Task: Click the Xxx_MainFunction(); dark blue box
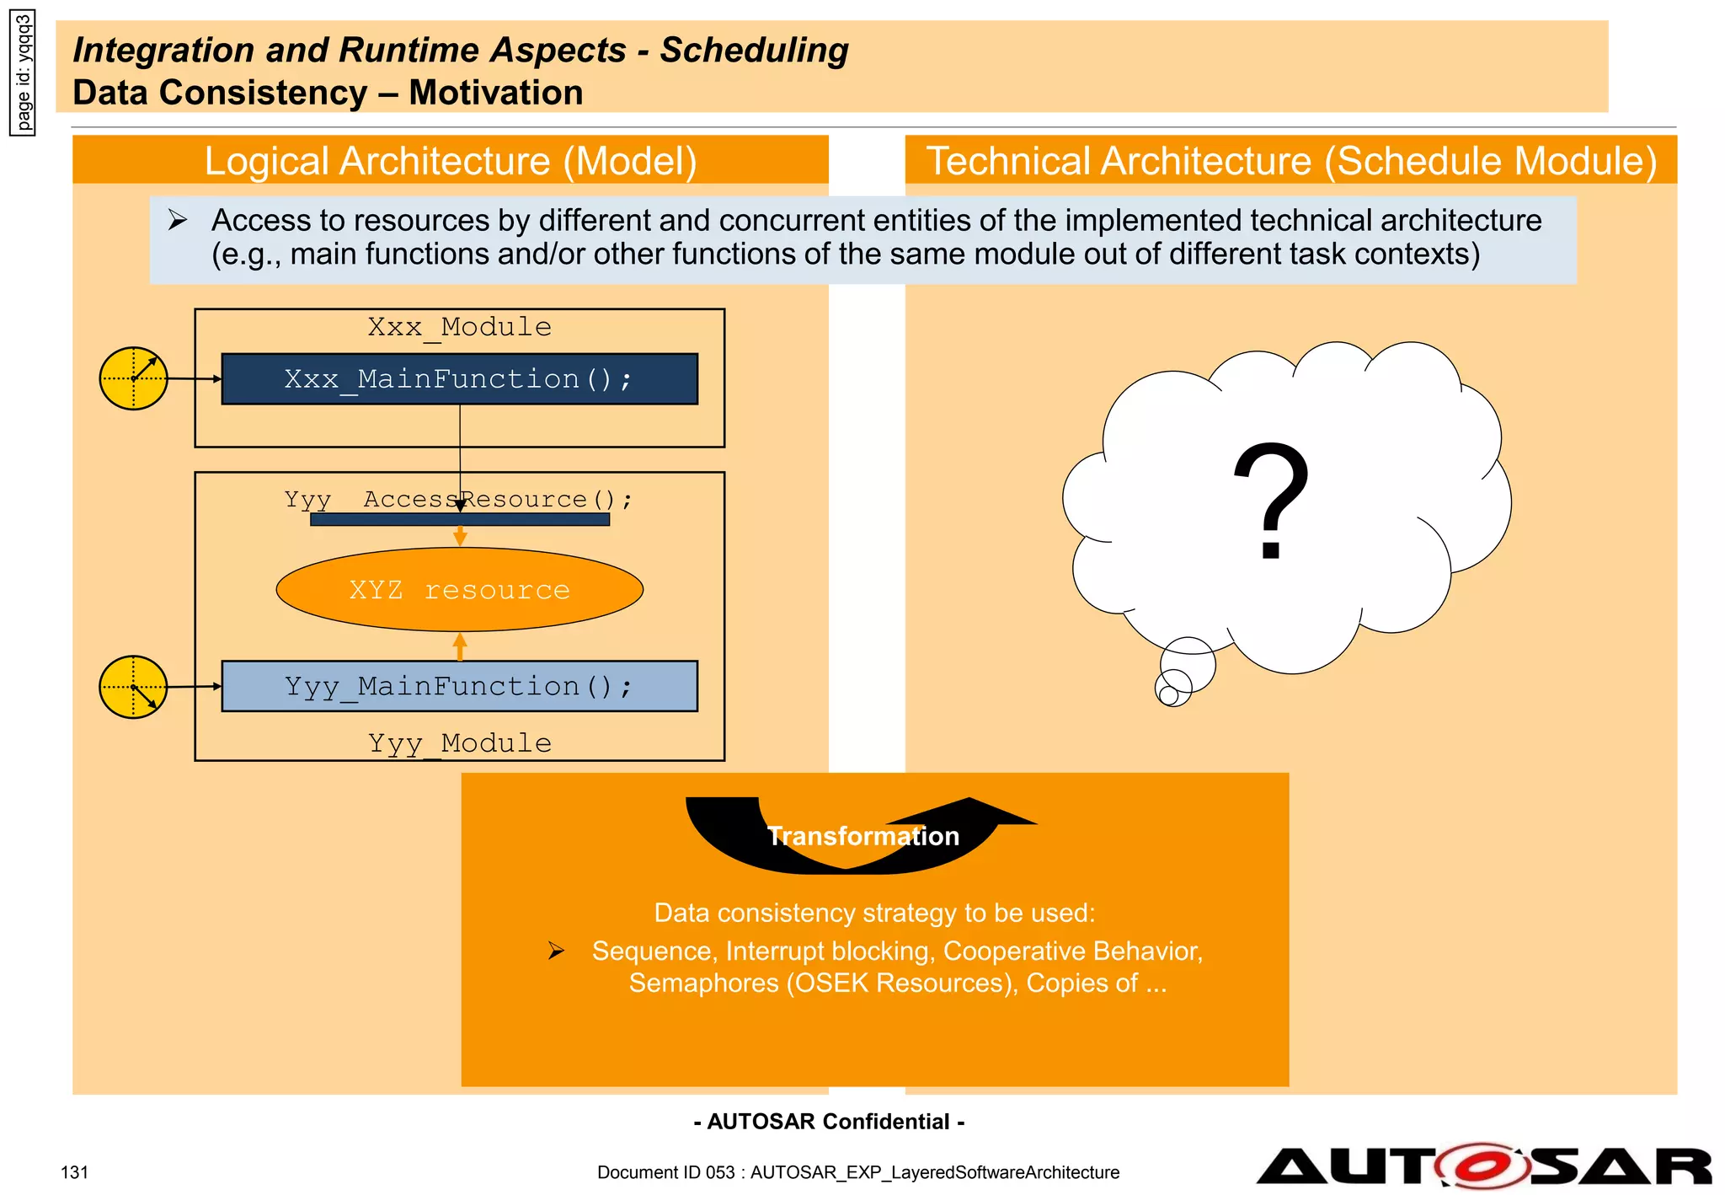pos(459,379)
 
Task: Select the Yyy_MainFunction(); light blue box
pos(459,686)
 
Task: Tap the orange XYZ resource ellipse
pos(459,589)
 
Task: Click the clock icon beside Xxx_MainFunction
pos(134,378)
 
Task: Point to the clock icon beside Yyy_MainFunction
pos(134,687)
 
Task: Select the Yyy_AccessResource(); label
pos(458,500)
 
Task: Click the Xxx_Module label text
pos(459,327)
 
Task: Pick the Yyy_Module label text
pos(459,743)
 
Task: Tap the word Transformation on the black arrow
pos(863,836)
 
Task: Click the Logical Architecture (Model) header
pos(451,160)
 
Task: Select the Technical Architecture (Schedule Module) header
pos(1291,160)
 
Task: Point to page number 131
pos(75,1172)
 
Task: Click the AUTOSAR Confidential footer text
pos(830,1122)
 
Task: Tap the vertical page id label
pos(24,73)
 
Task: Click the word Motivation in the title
pos(496,93)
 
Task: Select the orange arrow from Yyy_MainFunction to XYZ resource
pos(460,646)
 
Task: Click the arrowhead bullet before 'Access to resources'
pos(177,221)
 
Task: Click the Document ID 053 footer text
pos(858,1172)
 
